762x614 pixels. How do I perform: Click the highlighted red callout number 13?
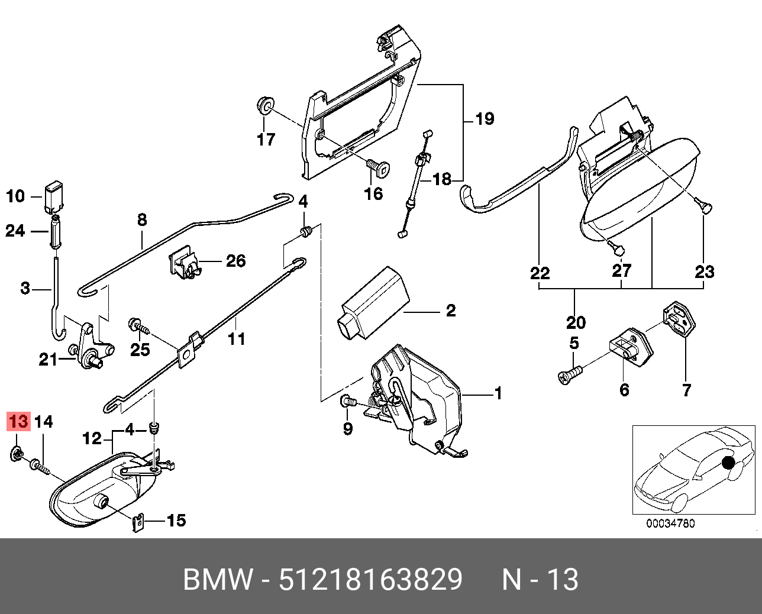tap(18, 422)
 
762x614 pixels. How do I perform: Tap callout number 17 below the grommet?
tap(266, 140)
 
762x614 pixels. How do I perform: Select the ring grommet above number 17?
tap(266, 106)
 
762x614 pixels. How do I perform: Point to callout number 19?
tap(485, 119)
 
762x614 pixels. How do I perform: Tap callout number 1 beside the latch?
tap(498, 393)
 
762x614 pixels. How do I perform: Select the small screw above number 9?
tap(348, 402)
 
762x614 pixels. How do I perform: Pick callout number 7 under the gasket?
tap(686, 390)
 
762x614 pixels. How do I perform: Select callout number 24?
tap(15, 231)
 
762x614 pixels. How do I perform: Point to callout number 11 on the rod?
tap(237, 339)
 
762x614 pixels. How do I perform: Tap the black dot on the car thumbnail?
tap(728, 461)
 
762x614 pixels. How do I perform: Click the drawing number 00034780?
tap(670, 523)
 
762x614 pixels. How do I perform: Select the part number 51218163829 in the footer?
tap(370, 580)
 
